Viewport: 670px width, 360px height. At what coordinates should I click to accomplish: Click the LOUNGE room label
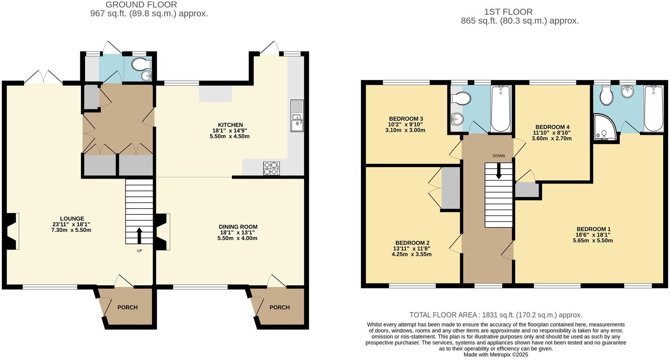(x=72, y=219)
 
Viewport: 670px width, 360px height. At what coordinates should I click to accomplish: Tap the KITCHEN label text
(x=230, y=125)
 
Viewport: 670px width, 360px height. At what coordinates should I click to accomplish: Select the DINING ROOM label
(x=238, y=227)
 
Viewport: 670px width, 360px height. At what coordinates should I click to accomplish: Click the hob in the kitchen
(x=271, y=168)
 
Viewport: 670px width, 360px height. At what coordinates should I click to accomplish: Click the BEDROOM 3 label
(x=406, y=119)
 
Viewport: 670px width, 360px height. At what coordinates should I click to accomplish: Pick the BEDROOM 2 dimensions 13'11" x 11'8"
(x=411, y=249)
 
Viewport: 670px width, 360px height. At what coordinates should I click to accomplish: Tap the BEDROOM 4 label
(x=552, y=127)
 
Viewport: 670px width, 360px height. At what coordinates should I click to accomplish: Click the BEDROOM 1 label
(x=593, y=229)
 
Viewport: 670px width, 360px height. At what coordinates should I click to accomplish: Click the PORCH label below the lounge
(x=128, y=307)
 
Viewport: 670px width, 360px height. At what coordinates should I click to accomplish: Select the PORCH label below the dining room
(x=280, y=307)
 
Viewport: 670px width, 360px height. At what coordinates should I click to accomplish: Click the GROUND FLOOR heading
(x=141, y=5)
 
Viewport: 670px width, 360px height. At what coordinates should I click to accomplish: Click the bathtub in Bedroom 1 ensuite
(x=654, y=109)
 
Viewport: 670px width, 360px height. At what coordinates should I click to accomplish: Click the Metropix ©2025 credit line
(x=496, y=354)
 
